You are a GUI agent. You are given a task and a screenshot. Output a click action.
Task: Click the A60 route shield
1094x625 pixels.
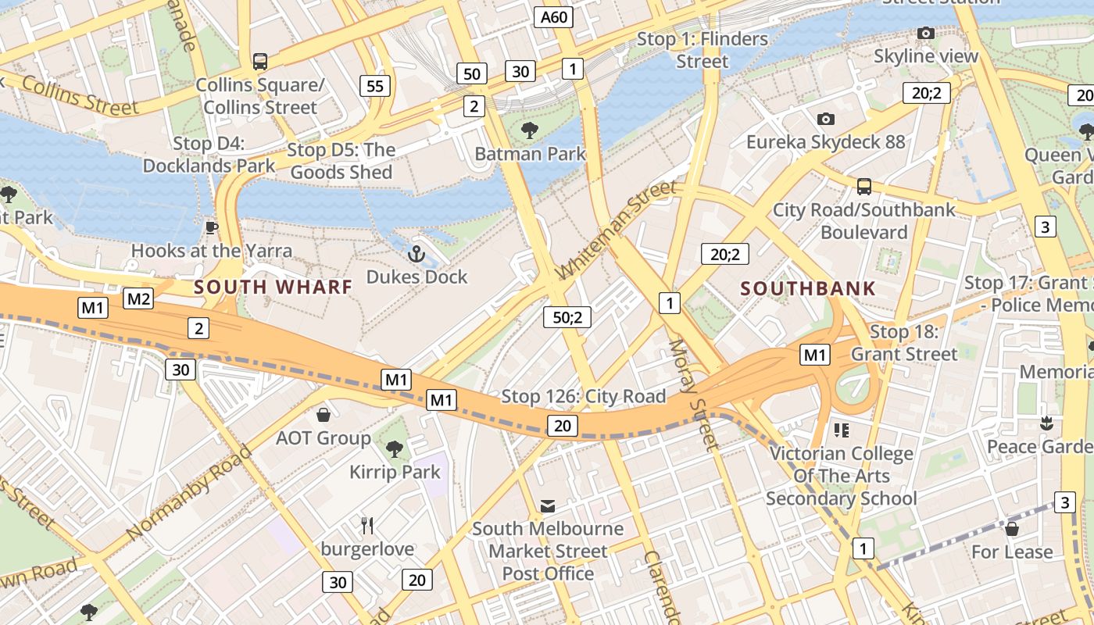click(x=554, y=18)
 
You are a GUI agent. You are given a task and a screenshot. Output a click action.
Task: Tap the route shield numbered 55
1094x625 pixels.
click(x=375, y=86)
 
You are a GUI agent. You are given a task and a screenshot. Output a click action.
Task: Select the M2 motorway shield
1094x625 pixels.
click(x=138, y=298)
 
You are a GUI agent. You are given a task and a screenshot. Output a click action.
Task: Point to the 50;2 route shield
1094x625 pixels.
click(x=567, y=317)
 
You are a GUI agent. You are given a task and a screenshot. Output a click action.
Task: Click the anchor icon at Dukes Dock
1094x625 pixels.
click(x=417, y=254)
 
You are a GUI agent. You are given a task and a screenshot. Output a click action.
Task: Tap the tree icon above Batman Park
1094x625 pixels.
click(x=530, y=130)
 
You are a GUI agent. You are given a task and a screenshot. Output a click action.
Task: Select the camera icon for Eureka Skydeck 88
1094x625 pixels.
click(x=825, y=119)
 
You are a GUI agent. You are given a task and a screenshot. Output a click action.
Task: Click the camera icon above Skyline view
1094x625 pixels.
click(x=925, y=33)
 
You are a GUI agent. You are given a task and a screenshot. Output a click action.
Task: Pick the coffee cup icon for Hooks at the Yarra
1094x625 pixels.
click(x=211, y=227)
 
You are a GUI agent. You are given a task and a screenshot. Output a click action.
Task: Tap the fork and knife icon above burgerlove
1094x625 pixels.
click(x=367, y=525)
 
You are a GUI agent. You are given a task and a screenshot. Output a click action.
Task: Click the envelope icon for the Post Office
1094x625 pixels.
click(x=548, y=506)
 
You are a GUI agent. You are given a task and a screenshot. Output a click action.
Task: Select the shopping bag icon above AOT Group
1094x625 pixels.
click(x=323, y=414)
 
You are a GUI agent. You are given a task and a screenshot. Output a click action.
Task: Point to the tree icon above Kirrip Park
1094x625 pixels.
click(x=395, y=448)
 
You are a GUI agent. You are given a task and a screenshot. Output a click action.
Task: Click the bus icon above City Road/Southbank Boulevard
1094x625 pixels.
click(x=863, y=186)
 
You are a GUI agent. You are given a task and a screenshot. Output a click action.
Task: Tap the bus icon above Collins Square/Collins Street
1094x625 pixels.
click(x=259, y=61)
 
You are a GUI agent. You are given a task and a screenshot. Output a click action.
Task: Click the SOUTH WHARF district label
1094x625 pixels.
click(x=273, y=287)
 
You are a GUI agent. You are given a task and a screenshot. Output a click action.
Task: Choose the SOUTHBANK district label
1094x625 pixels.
click(x=808, y=288)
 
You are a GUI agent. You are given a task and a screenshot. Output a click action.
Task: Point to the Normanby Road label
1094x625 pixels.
click(x=189, y=492)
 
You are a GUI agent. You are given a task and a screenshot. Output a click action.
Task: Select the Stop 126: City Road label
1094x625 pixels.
click(x=583, y=396)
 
